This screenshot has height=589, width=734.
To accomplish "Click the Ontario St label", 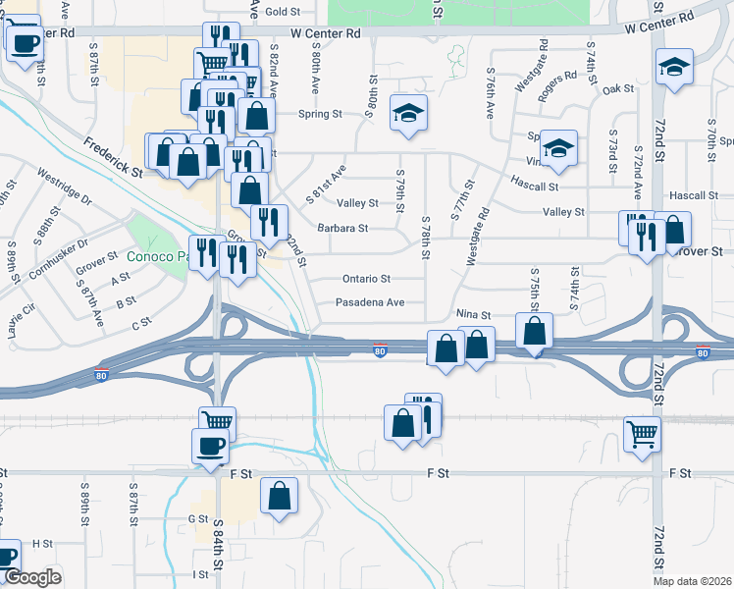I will (x=366, y=279).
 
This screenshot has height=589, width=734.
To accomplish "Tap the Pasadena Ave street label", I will (x=370, y=302).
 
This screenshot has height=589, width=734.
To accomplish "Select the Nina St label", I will (x=473, y=314).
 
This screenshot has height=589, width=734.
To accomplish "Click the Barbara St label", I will (x=342, y=228).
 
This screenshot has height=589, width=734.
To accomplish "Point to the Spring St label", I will (x=321, y=114).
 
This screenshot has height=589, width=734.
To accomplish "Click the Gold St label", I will (x=282, y=12).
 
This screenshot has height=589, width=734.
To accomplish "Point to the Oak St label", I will (x=618, y=88).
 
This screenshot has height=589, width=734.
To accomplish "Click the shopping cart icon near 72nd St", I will (x=642, y=432).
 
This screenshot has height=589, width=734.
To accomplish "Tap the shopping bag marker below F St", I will (x=280, y=495).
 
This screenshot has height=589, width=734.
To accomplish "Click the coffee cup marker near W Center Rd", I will (x=24, y=42).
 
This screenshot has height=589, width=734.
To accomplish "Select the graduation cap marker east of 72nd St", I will (x=674, y=67).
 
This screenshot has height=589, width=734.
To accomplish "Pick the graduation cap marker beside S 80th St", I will (x=407, y=112).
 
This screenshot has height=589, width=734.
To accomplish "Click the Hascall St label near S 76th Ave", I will (x=534, y=186).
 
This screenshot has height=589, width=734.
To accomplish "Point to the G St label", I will (x=198, y=518).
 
